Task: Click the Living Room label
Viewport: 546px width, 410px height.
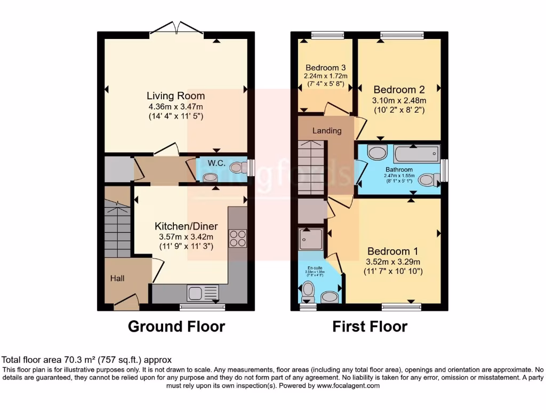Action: click(176, 96)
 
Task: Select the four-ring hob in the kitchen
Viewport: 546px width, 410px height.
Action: click(238, 238)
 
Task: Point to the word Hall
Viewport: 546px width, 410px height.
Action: click(117, 278)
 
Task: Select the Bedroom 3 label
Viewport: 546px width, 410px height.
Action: click(326, 68)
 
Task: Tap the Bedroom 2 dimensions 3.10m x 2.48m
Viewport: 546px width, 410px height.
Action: click(399, 100)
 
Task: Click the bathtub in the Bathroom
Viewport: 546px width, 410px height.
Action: click(416, 155)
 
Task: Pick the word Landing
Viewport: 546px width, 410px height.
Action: click(327, 131)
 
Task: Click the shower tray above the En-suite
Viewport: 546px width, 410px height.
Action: click(311, 239)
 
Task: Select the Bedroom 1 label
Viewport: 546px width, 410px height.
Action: click(392, 251)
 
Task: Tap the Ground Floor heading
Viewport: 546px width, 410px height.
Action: click(176, 326)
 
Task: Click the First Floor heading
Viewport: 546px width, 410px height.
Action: click(370, 326)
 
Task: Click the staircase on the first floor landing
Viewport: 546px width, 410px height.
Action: click(311, 168)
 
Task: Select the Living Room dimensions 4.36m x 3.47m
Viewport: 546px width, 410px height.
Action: click(176, 107)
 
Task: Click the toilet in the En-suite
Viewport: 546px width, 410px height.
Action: click(308, 291)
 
